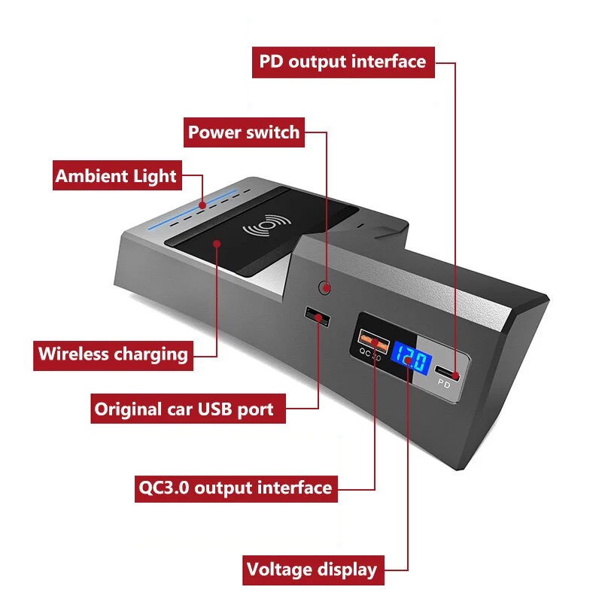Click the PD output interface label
click(343, 61)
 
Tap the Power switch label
click(244, 133)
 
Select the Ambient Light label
click(116, 176)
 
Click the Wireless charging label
click(113, 353)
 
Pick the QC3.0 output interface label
click(236, 487)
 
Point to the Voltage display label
click(312, 570)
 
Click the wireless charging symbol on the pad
click(260, 229)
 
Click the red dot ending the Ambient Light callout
click(203, 203)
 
